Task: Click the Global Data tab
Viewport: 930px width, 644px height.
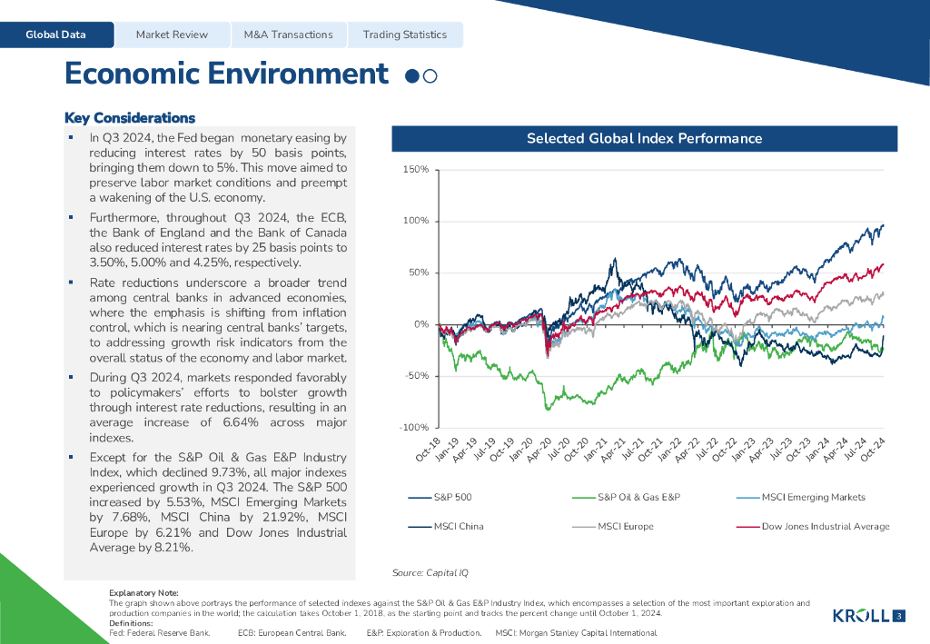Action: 56,35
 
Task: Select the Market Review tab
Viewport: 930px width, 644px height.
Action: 172,35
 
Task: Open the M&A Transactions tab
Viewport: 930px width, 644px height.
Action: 288,35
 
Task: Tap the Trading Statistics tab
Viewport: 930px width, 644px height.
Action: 405,35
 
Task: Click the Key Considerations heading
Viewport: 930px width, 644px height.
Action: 130,118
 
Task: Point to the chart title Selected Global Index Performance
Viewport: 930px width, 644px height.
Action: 644,139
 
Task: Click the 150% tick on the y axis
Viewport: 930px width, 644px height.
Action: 415,170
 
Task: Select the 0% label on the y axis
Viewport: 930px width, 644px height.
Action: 421,324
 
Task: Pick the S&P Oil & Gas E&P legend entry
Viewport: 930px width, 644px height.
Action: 638,497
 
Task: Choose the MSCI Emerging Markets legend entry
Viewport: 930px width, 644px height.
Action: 813,497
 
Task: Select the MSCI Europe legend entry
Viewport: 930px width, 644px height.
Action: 625,526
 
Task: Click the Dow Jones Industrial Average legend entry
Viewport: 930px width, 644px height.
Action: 825,526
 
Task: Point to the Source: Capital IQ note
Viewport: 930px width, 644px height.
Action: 430,573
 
